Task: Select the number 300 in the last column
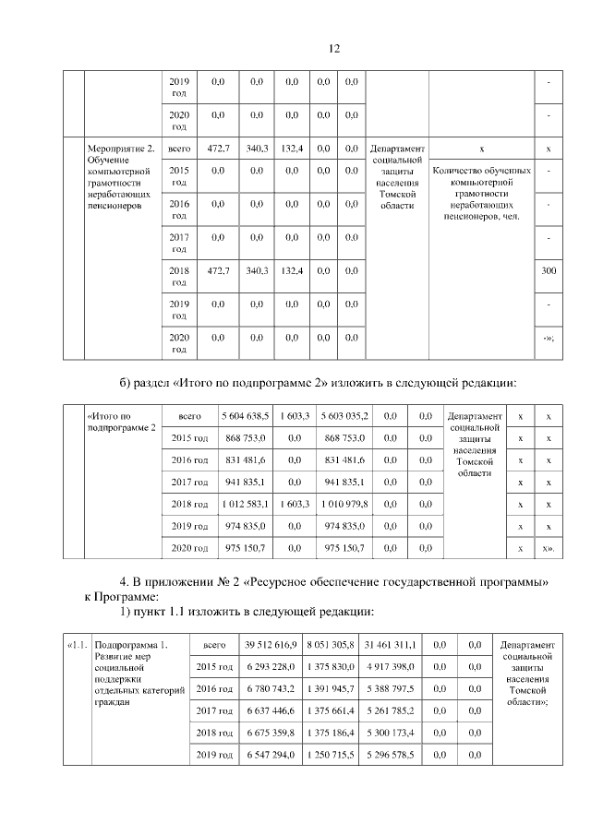[x=549, y=270]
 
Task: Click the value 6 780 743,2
[x=270, y=689]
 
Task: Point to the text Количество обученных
[x=481, y=172]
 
